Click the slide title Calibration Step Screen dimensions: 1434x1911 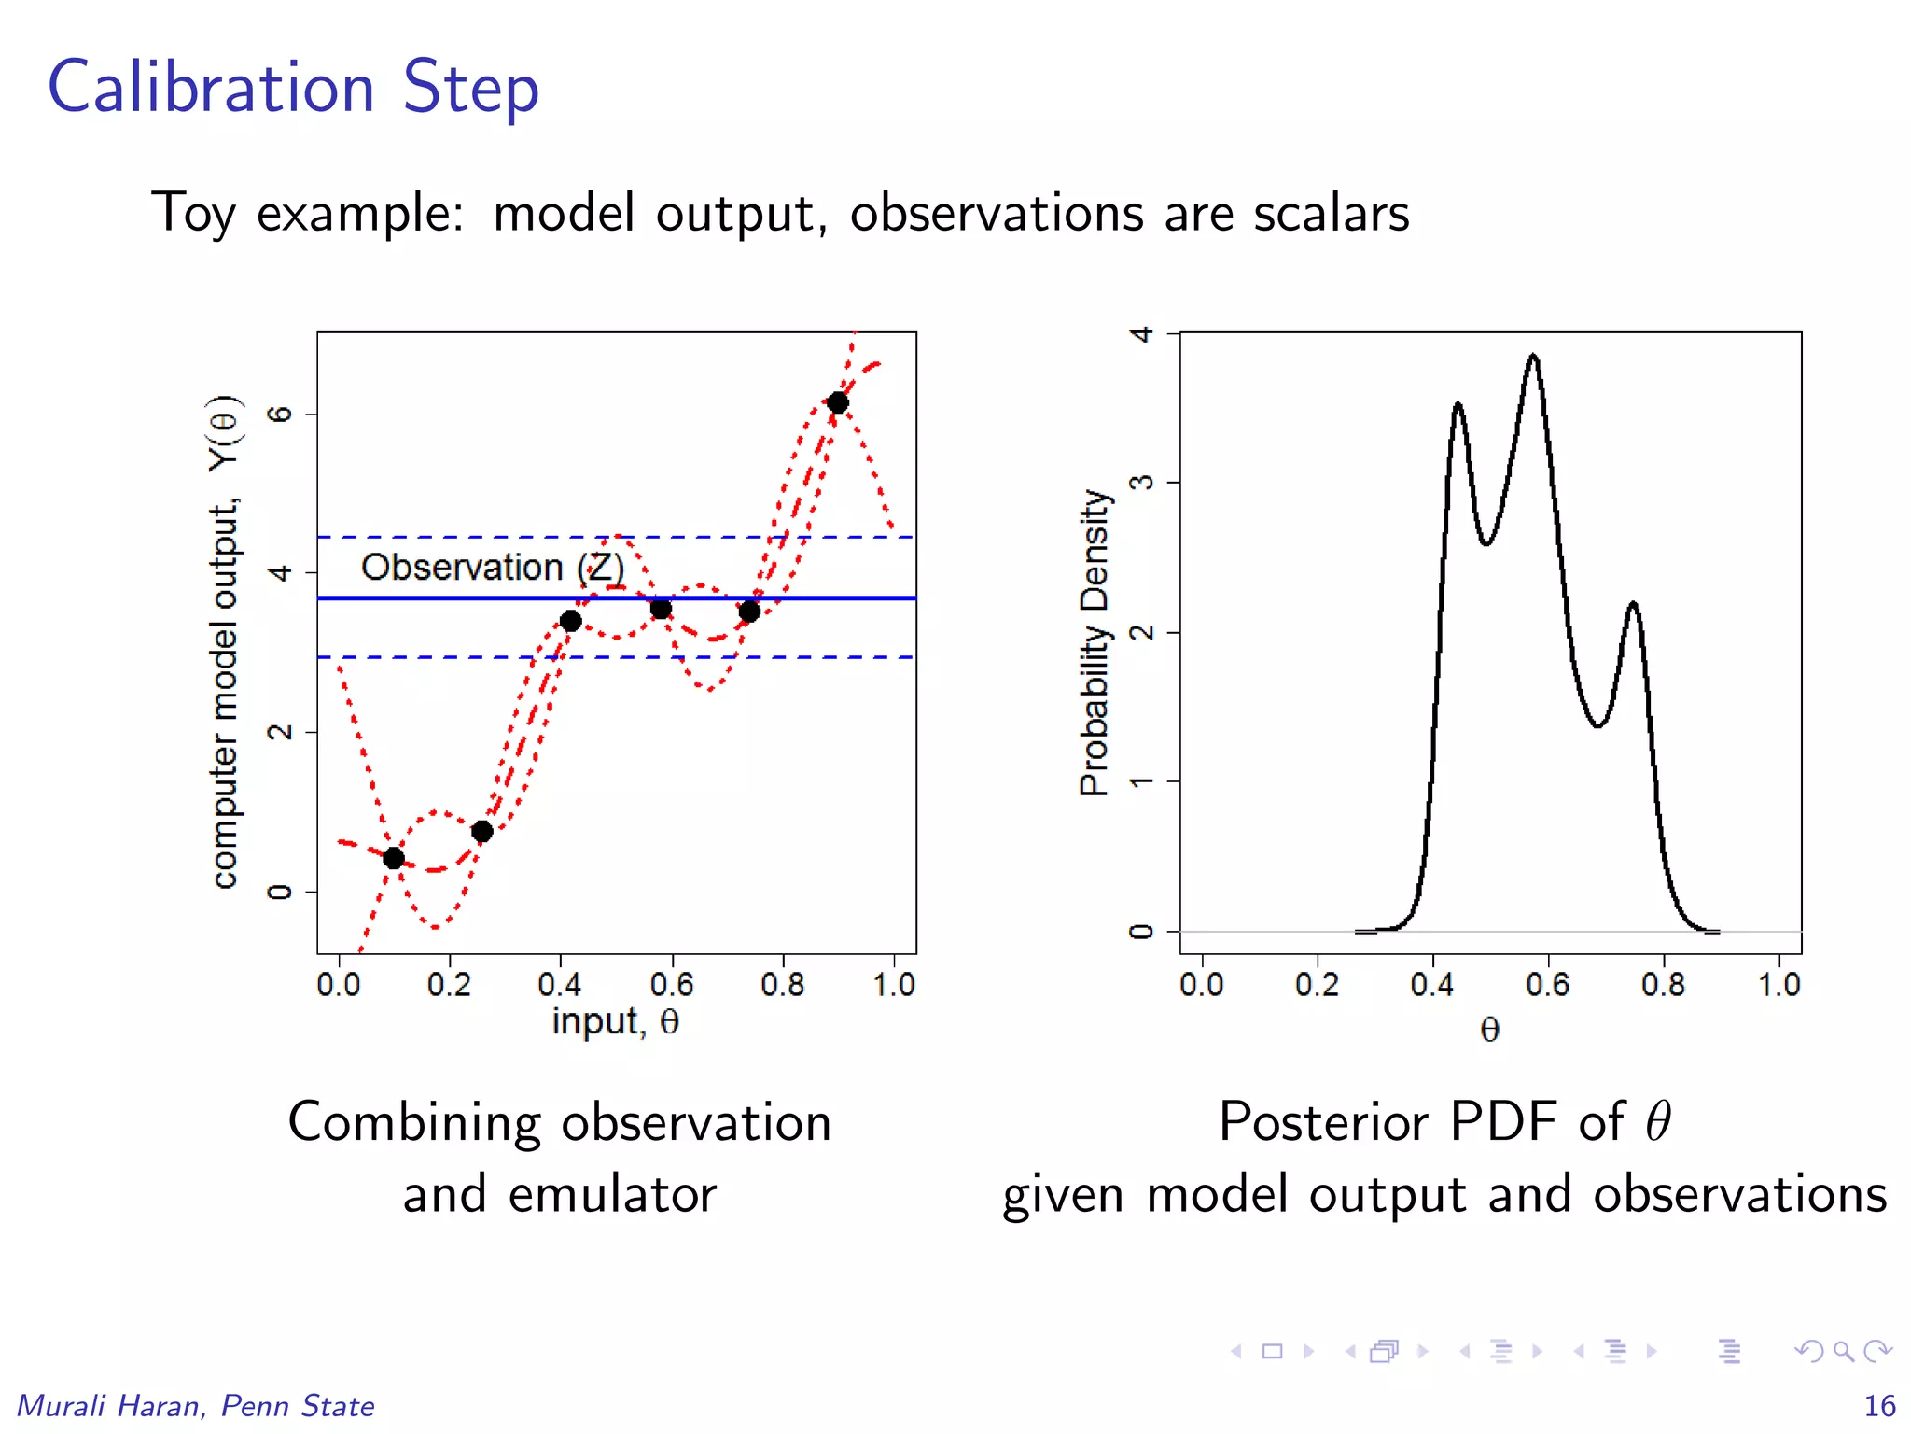pos(293,88)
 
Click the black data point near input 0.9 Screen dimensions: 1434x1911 pos(837,402)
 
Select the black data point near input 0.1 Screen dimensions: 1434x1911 pos(394,858)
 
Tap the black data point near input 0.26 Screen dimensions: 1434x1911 pos(481,831)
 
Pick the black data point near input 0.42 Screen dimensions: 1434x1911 pos(571,621)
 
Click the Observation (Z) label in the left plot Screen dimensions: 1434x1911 pos(492,567)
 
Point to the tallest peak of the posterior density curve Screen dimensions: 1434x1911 pos(1533,357)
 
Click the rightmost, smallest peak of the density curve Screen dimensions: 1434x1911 pos(1633,605)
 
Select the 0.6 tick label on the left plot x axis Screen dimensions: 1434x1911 pos(671,984)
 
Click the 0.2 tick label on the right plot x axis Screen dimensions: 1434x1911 pos(1317,984)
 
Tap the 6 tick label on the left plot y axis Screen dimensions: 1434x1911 pos(280,414)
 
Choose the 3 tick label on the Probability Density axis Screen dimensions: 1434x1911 pos(1141,483)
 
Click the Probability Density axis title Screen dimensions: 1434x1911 pos(1095,641)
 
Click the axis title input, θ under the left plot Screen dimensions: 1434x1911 pos(615,1022)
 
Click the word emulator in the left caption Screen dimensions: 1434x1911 pos(612,1194)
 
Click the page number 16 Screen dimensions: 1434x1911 pos(1878,1405)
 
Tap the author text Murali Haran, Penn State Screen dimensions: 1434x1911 pos(196,1405)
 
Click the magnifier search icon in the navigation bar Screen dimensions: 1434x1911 pos(1842,1351)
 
